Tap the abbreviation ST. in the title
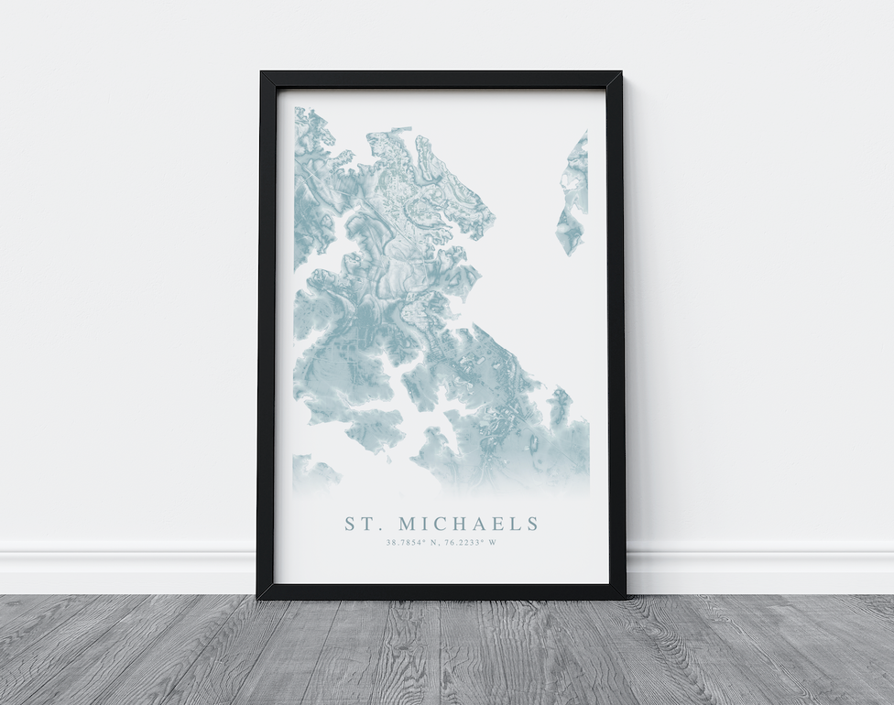[x=361, y=524]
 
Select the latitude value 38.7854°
[x=407, y=543]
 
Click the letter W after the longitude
[x=493, y=543]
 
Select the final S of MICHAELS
[x=532, y=524]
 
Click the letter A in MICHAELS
[x=483, y=524]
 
